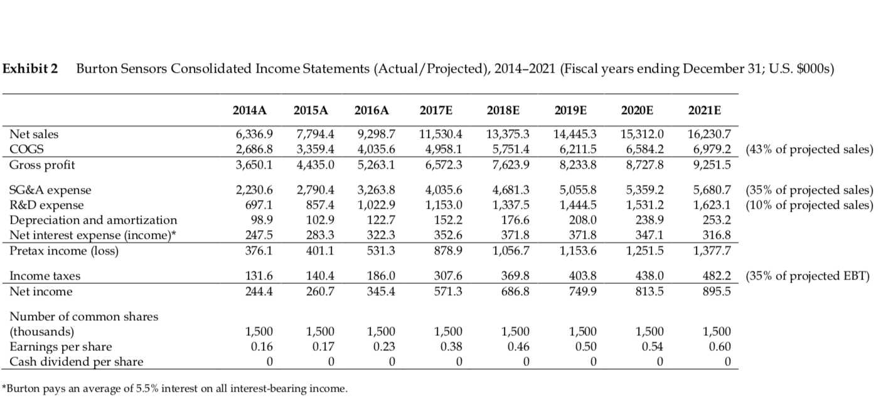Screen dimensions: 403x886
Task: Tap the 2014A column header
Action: (250, 111)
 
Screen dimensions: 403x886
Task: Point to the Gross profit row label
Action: (41, 164)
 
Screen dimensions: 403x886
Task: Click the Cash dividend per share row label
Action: (76, 362)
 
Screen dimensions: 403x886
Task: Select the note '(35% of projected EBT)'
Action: (806, 276)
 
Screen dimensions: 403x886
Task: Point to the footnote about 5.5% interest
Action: (176, 389)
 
